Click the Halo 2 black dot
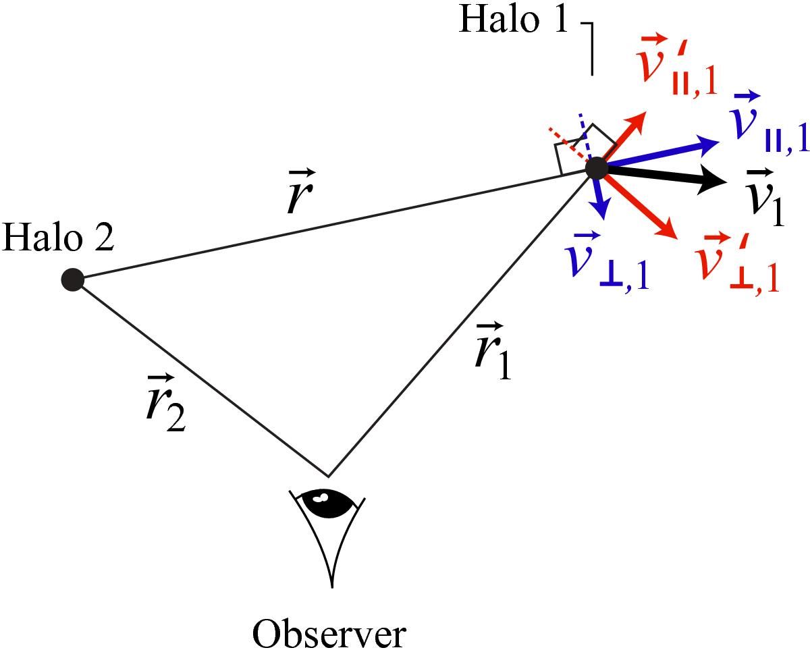(73, 280)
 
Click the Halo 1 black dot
(597, 169)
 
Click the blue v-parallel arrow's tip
(719, 142)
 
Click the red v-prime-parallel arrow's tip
(646, 111)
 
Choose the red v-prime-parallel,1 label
(676, 64)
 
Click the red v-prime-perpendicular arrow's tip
(678, 239)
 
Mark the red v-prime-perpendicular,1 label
(736, 263)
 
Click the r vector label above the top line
(301, 192)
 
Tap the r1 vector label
(492, 350)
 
